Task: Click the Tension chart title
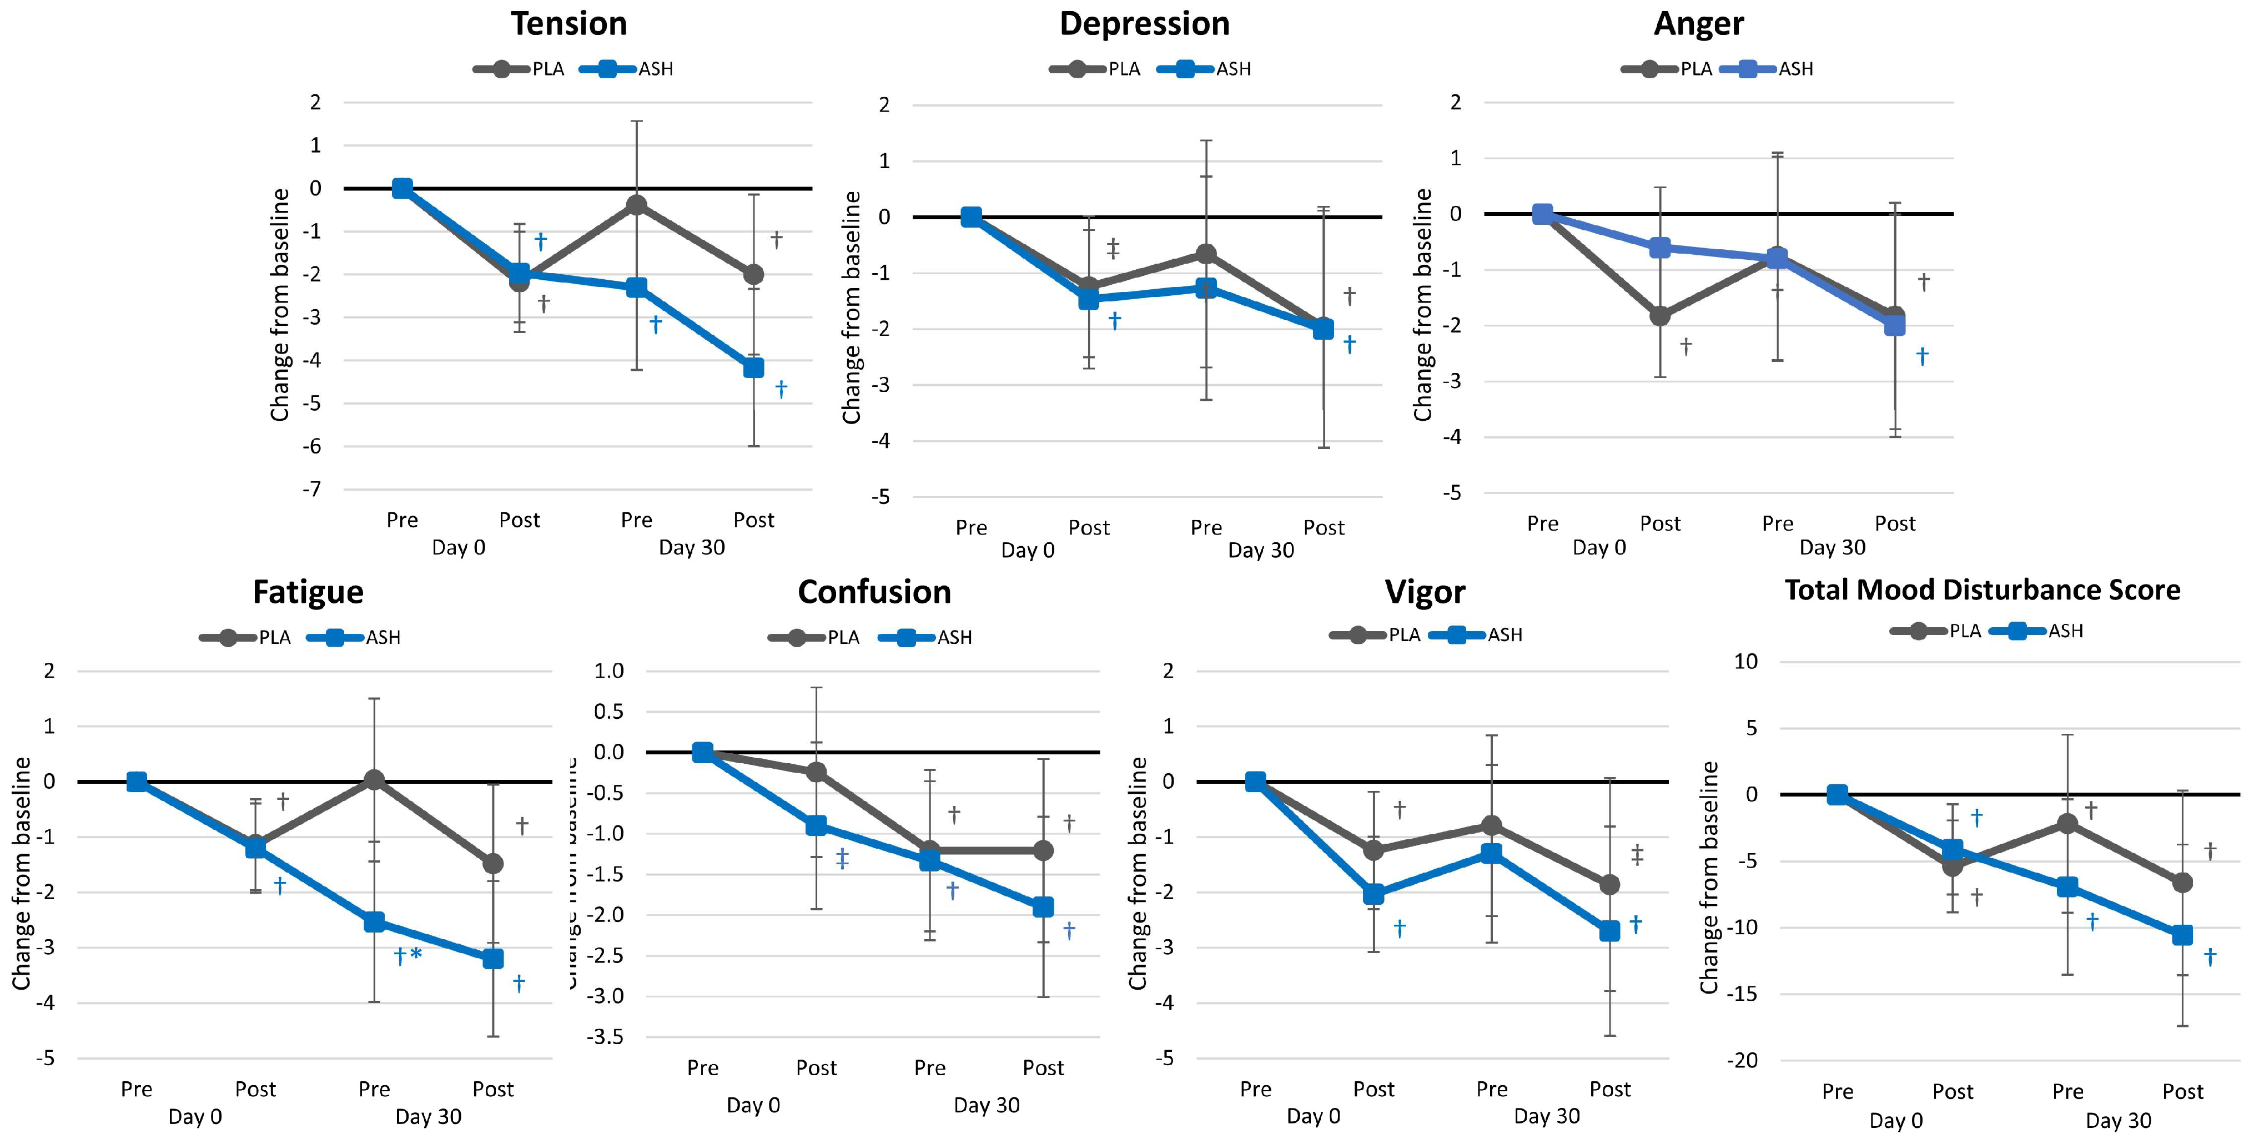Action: coord(568,24)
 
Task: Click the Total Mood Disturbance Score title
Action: coord(1982,589)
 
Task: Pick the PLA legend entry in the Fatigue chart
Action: coord(273,637)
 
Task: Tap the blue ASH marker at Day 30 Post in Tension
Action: coord(753,367)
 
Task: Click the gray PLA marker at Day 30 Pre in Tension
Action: coord(636,205)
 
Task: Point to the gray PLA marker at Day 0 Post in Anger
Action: coord(1659,315)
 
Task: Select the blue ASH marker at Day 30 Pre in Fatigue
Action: coord(374,922)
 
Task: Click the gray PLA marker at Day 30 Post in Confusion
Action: coord(1043,850)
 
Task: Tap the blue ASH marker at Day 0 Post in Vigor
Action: coord(1373,894)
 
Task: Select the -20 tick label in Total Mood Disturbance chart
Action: coord(1743,1061)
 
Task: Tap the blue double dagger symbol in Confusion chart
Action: coord(842,859)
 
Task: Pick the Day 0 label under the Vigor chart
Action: coord(1313,1116)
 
